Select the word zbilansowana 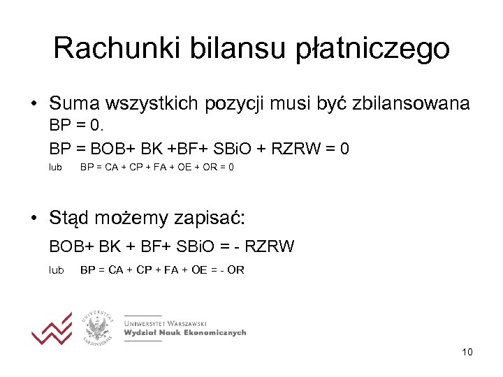(411, 104)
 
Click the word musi (289, 104)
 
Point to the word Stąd (72, 219)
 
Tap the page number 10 (467, 352)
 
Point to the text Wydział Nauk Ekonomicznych (185, 333)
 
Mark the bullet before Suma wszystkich (34, 105)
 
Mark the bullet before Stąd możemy (34, 219)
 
